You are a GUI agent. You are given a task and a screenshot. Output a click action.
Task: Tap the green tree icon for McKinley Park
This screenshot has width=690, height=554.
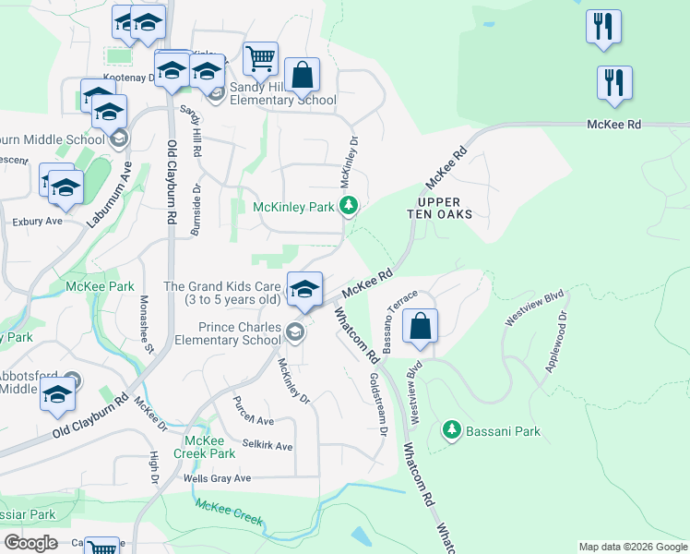(349, 206)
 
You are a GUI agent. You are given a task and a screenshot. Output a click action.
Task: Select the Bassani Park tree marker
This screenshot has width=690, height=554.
(451, 430)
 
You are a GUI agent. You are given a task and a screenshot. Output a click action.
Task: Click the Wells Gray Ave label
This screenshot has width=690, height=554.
(217, 478)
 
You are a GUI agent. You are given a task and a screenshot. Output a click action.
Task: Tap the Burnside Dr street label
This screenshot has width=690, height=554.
(196, 210)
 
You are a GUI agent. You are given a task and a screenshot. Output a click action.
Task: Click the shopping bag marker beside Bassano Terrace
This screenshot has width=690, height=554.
(420, 327)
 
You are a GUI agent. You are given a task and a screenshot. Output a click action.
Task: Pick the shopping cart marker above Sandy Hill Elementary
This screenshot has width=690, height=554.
(261, 59)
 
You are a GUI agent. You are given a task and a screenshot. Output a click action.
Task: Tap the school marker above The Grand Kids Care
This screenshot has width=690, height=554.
(303, 289)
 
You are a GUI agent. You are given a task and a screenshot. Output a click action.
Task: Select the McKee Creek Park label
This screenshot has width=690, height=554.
(209, 447)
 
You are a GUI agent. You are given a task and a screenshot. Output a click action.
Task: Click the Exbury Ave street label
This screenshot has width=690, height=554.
(37, 222)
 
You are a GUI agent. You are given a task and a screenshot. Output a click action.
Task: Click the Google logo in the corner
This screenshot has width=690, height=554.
(30, 543)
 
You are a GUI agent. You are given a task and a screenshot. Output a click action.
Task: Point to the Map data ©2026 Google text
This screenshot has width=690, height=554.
(632, 547)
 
